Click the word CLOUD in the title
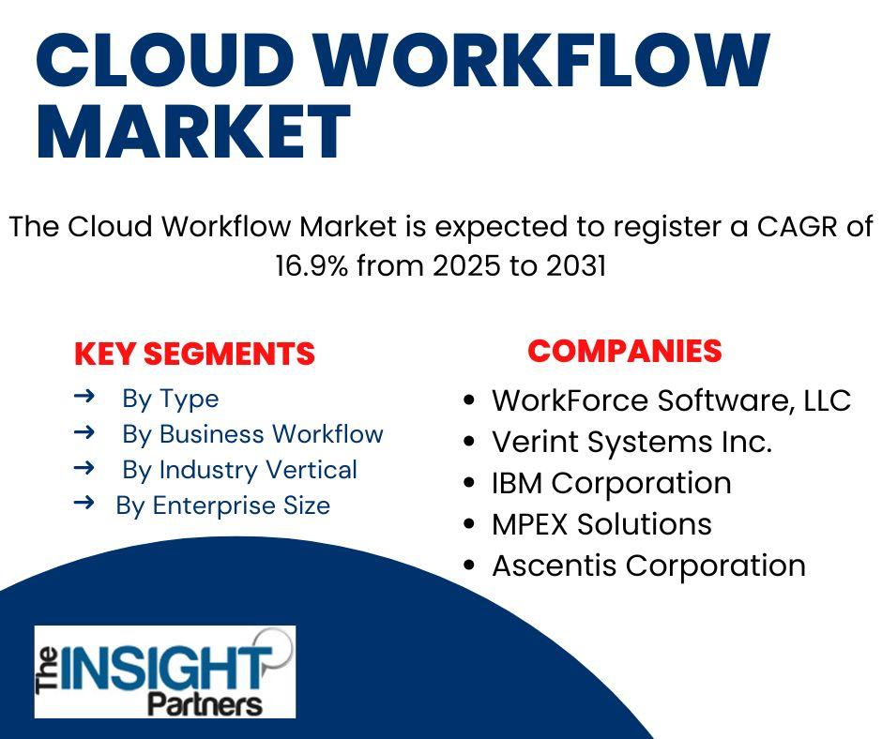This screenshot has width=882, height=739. (x=166, y=61)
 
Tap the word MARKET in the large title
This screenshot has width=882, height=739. (x=193, y=131)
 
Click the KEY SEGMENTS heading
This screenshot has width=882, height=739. (x=194, y=354)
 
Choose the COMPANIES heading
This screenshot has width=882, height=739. (x=624, y=351)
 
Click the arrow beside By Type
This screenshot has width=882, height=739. (x=84, y=397)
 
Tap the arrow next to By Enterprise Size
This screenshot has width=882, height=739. (x=84, y=503)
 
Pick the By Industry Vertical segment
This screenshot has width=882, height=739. (x=239, y=470)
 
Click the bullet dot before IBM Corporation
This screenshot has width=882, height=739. (x=469, y=483)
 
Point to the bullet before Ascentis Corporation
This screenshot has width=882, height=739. (x=469, y=566)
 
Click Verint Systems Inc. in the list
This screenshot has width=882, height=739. (x=631, y=442)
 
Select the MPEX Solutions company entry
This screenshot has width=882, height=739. (x=601, y=524)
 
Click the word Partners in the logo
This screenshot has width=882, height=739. (x=205, y=703)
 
